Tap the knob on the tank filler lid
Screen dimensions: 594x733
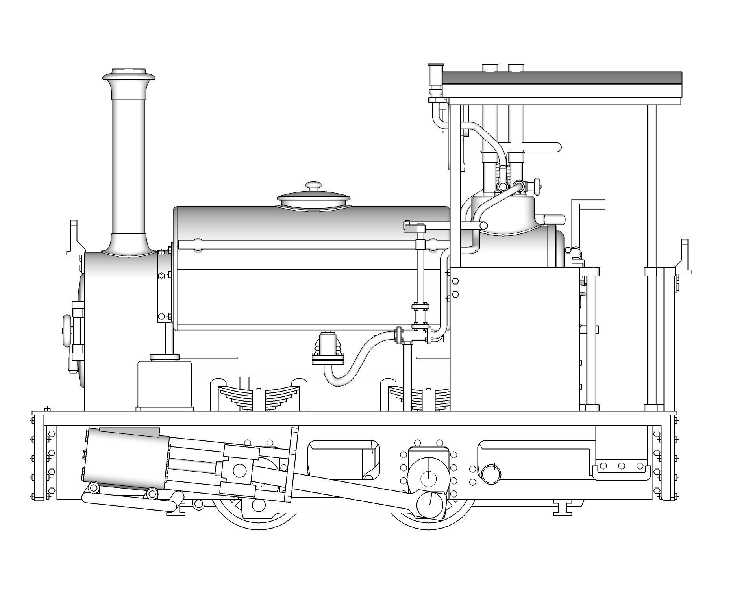313,186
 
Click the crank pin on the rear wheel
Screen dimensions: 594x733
430,505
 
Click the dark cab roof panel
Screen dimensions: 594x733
562,78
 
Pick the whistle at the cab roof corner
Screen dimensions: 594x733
435,79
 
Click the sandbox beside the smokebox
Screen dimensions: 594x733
165,384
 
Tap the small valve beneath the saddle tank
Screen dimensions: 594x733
328,346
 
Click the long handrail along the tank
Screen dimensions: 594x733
299,245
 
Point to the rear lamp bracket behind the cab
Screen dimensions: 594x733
685,256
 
